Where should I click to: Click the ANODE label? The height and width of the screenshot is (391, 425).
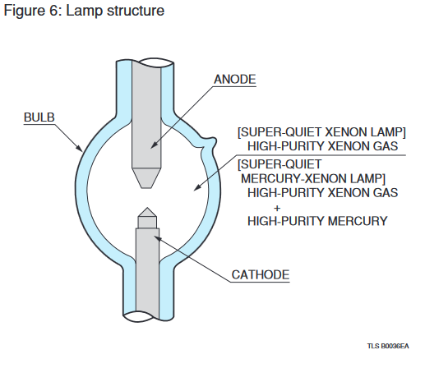235,80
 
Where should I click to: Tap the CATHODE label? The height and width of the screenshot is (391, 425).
261,274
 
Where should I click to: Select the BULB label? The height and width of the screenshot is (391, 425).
39,117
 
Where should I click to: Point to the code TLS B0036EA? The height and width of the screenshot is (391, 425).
388,346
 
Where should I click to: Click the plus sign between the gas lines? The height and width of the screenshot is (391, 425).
277,209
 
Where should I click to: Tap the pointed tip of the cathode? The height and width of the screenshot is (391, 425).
147,209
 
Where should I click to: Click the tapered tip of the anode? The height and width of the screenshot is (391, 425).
146,186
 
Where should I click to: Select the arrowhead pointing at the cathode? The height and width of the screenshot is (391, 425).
158,238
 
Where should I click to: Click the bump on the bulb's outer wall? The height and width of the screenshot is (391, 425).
210,142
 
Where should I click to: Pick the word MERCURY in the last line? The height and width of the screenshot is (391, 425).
358,221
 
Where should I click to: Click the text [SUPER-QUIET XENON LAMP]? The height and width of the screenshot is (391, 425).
321,132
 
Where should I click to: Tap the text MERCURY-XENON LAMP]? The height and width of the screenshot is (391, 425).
313,179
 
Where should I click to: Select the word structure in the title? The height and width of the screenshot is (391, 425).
136,11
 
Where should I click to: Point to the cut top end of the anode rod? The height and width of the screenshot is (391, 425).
153,62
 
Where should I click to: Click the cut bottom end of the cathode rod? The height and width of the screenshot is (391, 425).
141,316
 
